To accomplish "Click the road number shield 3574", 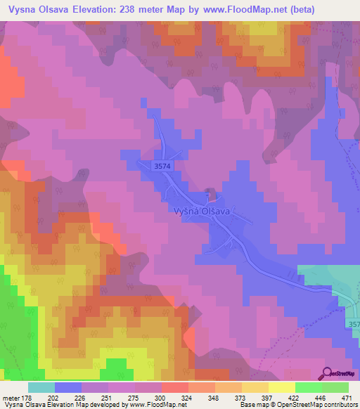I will (161, 166).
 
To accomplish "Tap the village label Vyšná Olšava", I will (202, 210).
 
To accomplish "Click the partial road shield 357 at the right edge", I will (353, 323).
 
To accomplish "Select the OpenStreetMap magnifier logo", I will (327, 373).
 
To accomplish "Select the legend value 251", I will (108, 397).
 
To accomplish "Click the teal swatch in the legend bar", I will (41, 387).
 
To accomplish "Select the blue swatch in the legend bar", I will (68, 387).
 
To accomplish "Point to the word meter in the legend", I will (10, 397).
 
